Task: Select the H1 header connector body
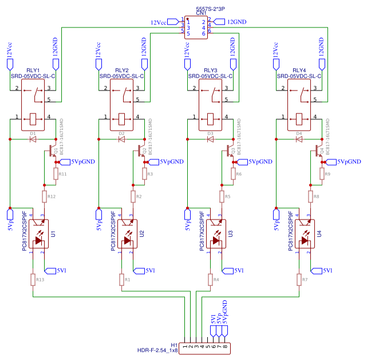(x=206, y=347)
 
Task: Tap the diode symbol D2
(x=121, y=139)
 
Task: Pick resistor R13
(x=33, y=279)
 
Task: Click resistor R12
(x=44, y=197)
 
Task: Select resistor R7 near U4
(x=299, y=279)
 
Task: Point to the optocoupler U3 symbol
(x=216, y=234)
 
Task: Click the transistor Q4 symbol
(x=315, y=151)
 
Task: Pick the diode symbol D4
(x=299, y=139)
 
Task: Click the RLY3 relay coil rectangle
(x=210, y=119)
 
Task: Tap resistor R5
(x=222, y=197)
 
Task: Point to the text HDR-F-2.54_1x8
(x=157, y=350)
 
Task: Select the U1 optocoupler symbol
(x=38, y=234)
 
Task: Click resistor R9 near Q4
(x=322, y=174)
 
